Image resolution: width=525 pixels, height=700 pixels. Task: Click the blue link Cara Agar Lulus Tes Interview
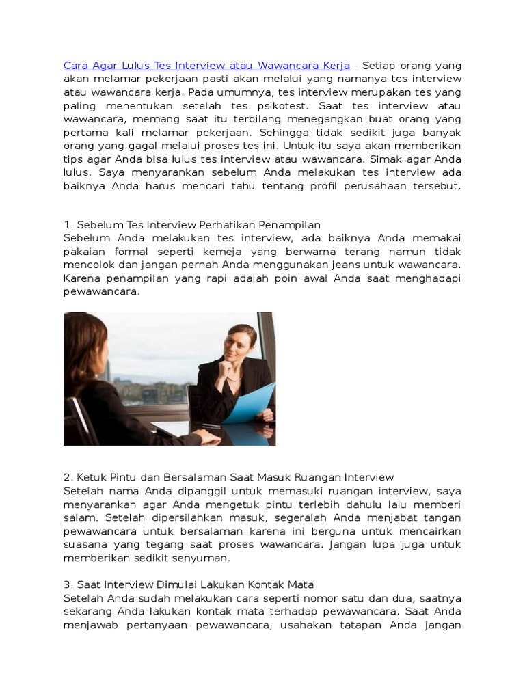pyautogui.click(x=206, y=66)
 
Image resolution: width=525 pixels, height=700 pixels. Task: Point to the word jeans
pyautogui.click(x=339, y=265)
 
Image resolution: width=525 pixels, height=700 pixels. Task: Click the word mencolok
pyautogui.click(x=87, y=265)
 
